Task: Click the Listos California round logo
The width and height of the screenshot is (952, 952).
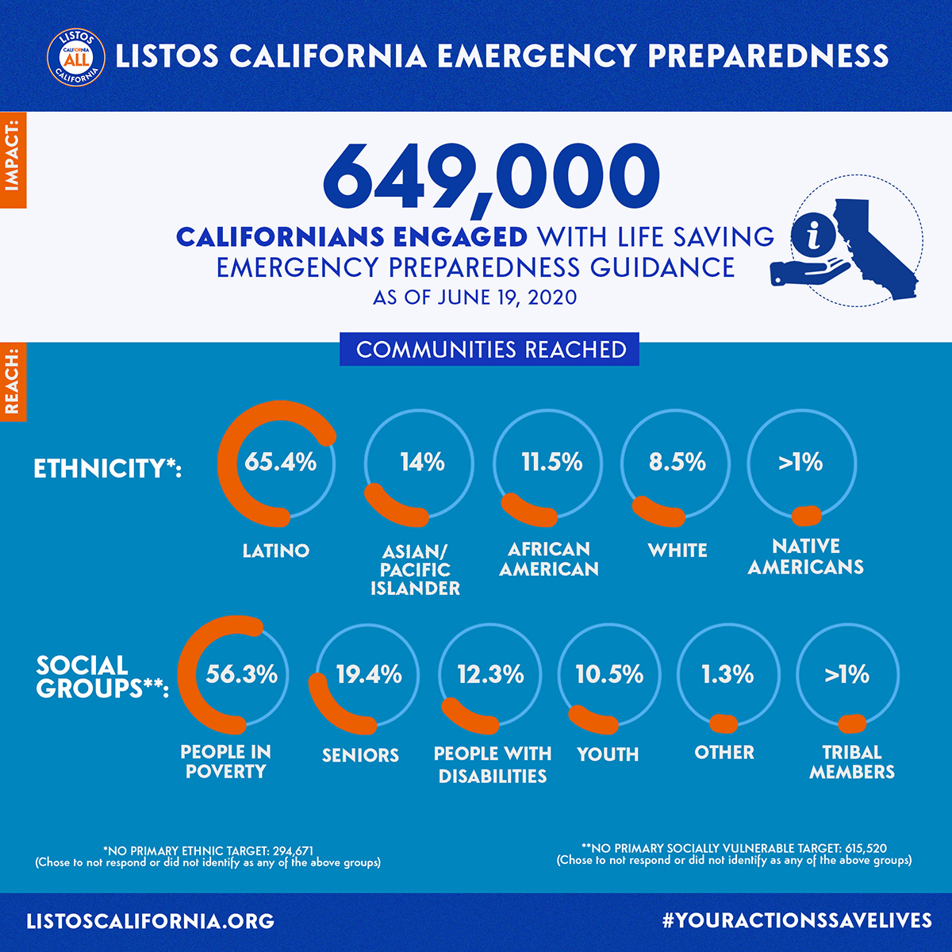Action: point(76,57)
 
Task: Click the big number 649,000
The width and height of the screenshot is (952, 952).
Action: point(491,178)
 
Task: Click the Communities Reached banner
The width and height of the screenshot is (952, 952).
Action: point(490,350)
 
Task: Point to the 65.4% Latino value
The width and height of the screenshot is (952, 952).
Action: point(280,462)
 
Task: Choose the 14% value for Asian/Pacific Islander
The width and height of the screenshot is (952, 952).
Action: point(421,462)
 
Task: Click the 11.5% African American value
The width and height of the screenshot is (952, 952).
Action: point(551,462)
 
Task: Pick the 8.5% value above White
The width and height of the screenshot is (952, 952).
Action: point(677,462)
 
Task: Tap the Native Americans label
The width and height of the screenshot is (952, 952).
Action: point(805,556)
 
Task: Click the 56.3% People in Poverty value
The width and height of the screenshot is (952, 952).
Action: point(241,674)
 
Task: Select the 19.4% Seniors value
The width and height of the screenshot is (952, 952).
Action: point(368,674)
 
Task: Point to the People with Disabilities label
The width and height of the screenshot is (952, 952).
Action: point(492,764)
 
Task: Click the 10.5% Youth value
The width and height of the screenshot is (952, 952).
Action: point(609,674)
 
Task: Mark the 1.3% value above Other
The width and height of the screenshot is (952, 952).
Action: point(727,674)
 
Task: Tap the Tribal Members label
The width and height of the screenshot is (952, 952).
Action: point(851,762)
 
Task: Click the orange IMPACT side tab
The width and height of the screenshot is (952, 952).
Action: point(13,159)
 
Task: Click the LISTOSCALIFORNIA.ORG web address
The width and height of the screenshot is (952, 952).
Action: point(151,921)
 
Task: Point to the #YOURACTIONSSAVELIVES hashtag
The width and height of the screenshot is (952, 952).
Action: point(797,920)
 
